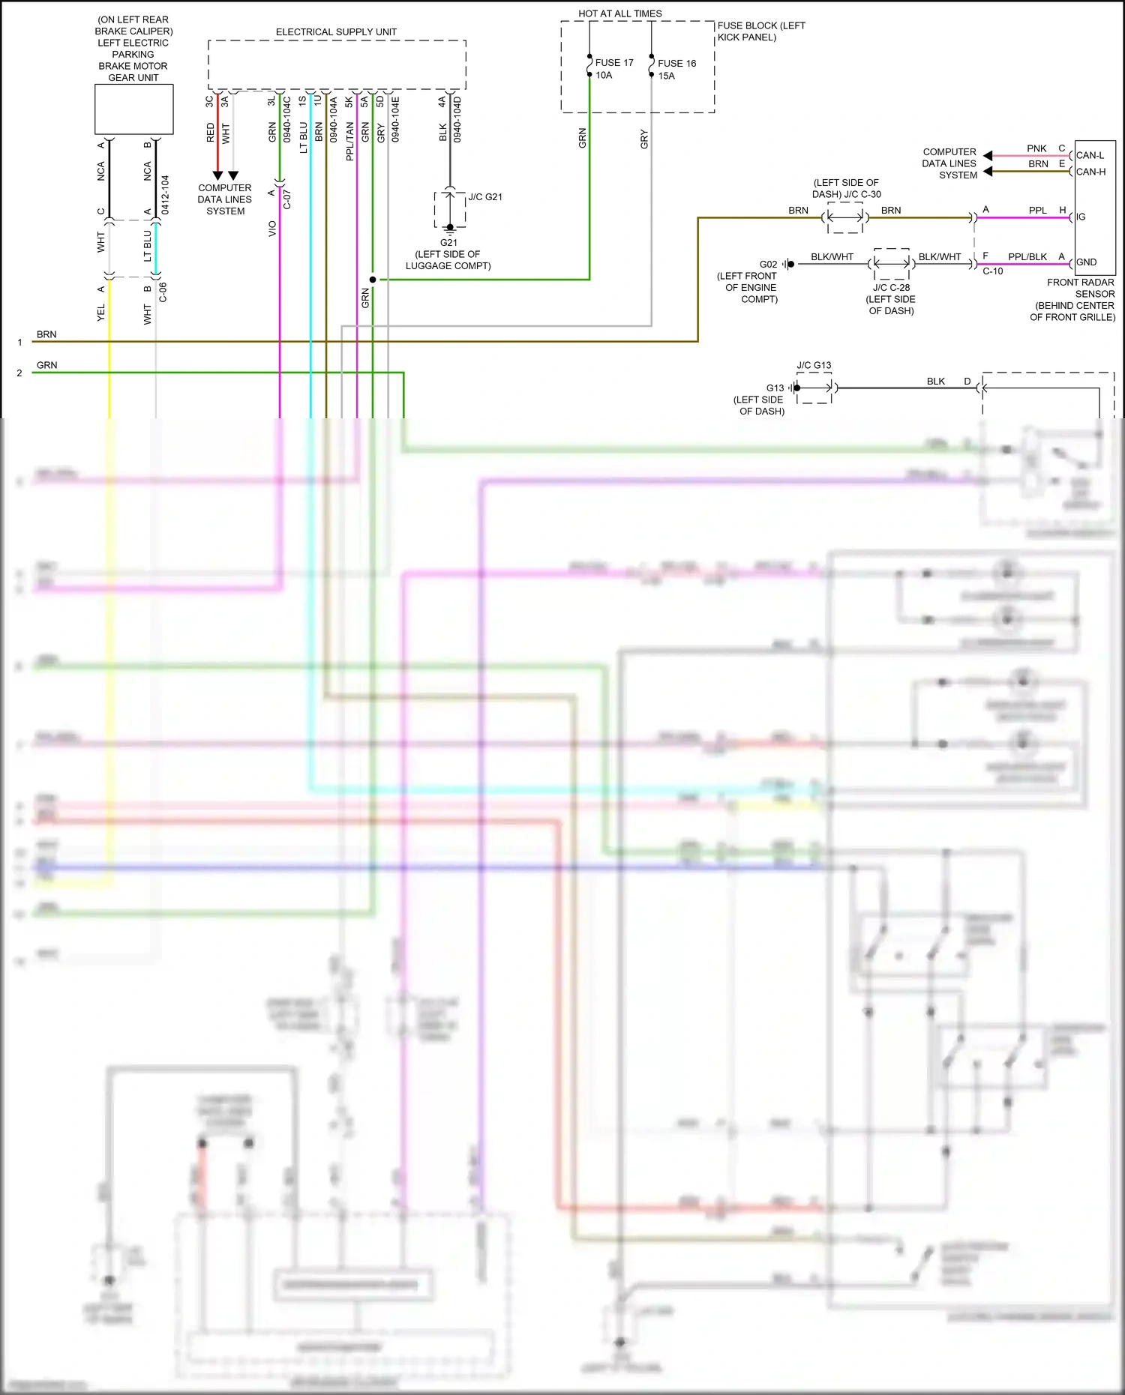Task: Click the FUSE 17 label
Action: coord(613,63)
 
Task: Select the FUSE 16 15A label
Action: coord(676,70)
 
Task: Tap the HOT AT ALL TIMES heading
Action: coord(619,13)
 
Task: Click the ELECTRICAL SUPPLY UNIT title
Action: coord(336,32)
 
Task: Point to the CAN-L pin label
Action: coord(1090,156)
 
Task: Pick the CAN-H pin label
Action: coord(1090,172)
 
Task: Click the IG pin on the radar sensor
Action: coord(1081,217)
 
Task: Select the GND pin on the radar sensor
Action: coord(1086,262)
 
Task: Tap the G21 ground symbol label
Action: coord(448,243)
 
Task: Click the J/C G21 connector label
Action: coord(485,197)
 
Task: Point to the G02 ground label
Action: coord(768,265)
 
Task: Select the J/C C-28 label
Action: coord(891,288)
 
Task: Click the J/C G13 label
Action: coord(814,366)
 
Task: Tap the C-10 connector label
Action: coord(992,271)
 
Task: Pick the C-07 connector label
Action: coord(287,199)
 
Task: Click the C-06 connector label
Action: coord(163,292)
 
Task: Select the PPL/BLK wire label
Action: coord(1027,257)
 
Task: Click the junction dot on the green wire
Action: coord(373,280)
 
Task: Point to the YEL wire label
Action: coord(101,313)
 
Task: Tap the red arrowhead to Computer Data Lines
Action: coord(217,176)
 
